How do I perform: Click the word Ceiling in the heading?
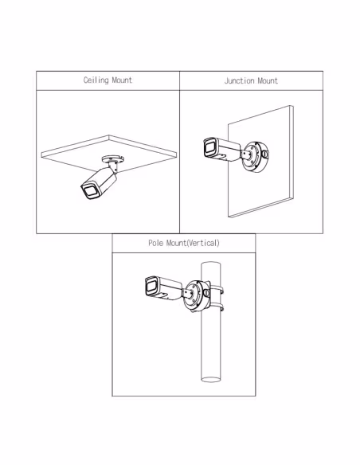point(96,80)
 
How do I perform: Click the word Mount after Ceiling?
point(122,80)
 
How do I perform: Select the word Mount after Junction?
point(268,80)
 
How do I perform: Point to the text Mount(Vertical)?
point(193,243)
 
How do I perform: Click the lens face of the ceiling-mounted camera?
point(89,191)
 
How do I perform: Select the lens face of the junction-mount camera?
point(209,147)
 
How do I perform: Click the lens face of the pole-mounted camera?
point(151,286)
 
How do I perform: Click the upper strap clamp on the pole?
point(217,289)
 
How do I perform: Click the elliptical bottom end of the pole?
point(211,379)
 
